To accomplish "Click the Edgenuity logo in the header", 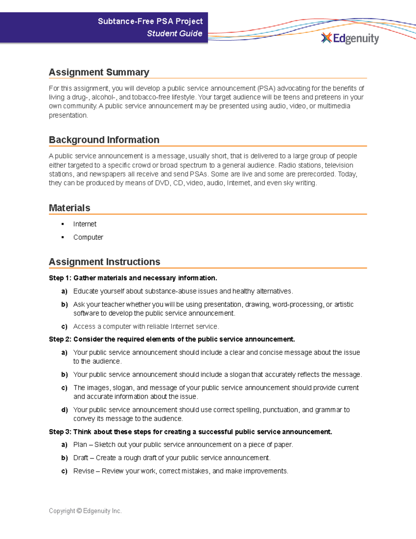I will point(350,38).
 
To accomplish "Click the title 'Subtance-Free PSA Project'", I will point(150,21).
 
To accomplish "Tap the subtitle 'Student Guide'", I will point(174,33).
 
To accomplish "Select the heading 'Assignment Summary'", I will point(99,72).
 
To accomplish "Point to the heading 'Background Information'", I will point(104,140).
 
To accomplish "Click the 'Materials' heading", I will point(69,208).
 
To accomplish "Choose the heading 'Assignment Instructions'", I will point(104,262).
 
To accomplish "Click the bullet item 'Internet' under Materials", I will point(85,224).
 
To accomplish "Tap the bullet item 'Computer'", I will point(88,237).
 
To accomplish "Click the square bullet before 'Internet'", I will point(63,224).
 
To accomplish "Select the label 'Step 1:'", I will point(60,278).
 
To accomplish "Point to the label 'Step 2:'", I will point(60,339).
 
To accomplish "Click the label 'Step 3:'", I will point(60,432).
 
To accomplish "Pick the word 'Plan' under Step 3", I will point(80,445).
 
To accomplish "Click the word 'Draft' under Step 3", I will point(81,458).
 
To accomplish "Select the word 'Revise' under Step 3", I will point(84,471).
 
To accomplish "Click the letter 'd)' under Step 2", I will point(64,410).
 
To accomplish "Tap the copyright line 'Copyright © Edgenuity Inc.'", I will point(85,511).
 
